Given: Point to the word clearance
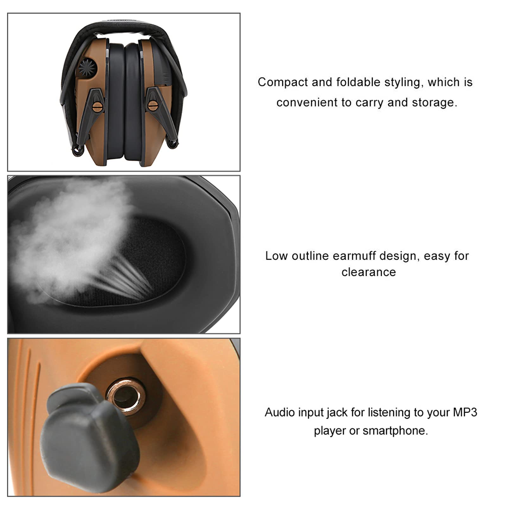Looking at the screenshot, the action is (x=369, y=272).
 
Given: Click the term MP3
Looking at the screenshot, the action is (x=465, y=413).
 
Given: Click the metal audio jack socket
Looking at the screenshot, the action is (x=126, y=396).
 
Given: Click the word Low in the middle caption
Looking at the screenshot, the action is (x=276, y=256).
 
